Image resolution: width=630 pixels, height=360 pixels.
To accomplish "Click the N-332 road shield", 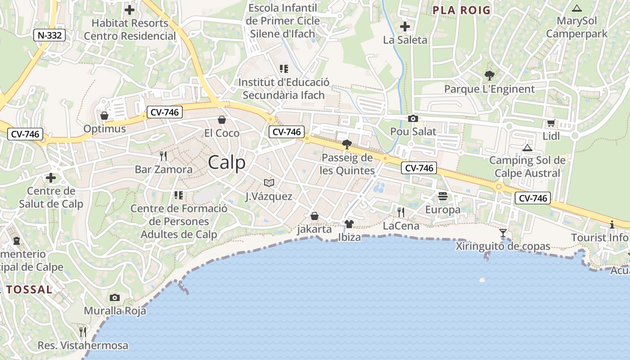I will click(x=49, y=35).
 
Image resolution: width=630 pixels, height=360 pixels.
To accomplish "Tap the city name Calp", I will click(x=227, y=162).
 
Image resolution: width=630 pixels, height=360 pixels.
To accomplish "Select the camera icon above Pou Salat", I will click(x=413, y=118).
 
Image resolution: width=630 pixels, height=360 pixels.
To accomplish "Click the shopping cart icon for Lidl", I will click(x=551, y=123).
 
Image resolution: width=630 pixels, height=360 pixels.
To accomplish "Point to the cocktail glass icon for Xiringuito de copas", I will click(x=503, y=233).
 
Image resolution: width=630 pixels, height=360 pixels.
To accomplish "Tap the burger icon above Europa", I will click(x=443, y=196).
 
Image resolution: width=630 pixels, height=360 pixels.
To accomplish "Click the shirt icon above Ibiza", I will click(x=349, y=224).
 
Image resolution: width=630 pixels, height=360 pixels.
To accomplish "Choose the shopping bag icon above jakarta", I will click(x=315, y=216).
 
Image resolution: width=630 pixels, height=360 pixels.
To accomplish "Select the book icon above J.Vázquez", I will click(x=269, y=183).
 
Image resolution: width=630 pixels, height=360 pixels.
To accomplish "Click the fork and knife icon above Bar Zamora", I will click(x=163, y=156).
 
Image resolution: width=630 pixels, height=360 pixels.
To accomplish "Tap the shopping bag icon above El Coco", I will click(x=222, y=120).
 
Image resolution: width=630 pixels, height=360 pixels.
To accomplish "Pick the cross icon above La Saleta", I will click(x=405, y=27).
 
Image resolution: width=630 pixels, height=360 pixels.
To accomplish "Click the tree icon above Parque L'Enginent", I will click(x=489, y=75).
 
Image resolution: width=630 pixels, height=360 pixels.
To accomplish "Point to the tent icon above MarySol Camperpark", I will click(x=577, y=8).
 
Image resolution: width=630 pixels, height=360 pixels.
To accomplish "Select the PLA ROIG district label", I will click(x=461, y=10).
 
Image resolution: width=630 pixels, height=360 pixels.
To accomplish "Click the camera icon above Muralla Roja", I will click(x=115, y=297).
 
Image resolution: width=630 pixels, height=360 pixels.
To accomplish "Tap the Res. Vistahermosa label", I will click(x=83, y=346).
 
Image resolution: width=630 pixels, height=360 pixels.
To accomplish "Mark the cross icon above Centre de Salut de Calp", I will click(x=51, y=178).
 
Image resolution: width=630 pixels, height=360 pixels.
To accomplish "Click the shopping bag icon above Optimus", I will click(x=104, y=116).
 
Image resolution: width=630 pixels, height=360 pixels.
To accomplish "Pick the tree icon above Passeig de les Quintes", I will click(x=346, y=144).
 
